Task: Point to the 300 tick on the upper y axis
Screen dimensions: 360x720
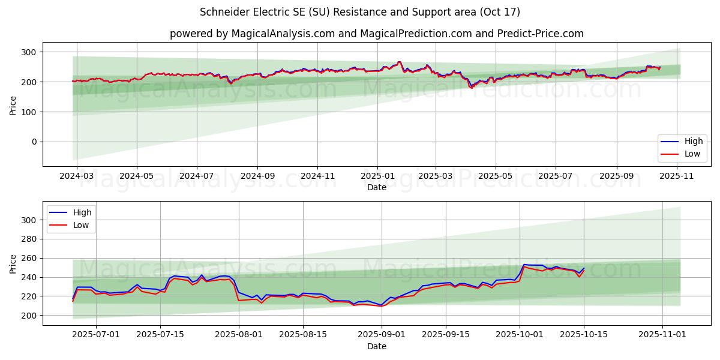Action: [x=28, y=52]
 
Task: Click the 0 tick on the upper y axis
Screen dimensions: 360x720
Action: [x=34, y=142]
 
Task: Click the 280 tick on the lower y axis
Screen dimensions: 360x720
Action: [x=28, y=239]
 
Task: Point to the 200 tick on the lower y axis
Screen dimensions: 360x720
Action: [x=28, y=316]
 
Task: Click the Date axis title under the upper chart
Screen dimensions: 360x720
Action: [x=377, y=188]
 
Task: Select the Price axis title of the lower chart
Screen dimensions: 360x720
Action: [x=13, y=263]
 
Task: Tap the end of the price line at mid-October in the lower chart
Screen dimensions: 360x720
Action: [x=584, y=268]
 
